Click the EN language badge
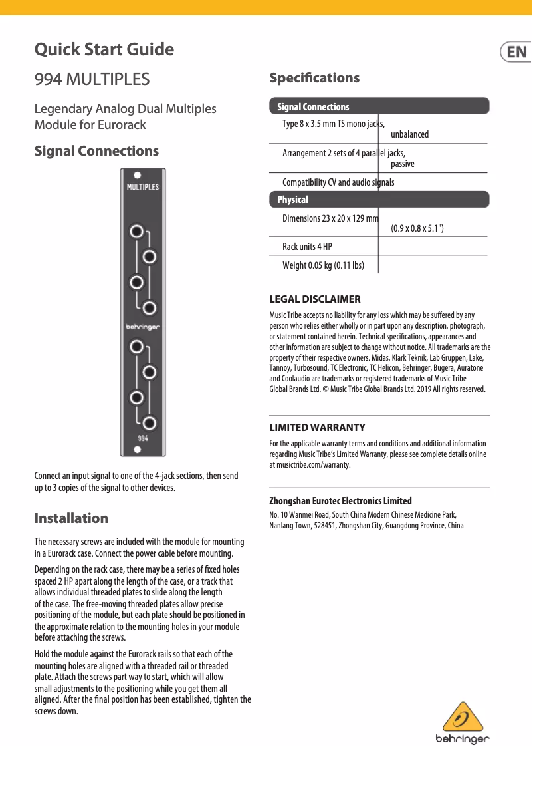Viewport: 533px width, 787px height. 516,52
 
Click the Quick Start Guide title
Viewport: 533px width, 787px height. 104,49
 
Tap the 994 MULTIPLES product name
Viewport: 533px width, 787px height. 92,79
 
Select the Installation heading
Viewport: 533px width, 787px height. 71,518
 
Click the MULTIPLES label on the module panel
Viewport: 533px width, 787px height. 143,187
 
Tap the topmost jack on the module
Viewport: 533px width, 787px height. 137,232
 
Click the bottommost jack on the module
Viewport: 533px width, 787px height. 150,423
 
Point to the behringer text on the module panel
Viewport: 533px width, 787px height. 143,327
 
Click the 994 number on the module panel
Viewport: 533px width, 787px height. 143,438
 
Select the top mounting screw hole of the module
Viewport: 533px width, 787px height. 137,175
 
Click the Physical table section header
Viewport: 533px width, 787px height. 292,200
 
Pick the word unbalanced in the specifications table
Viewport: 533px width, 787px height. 409,134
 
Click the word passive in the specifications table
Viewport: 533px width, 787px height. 403,164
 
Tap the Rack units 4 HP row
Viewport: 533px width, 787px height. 307,247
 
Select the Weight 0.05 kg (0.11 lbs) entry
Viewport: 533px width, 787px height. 323,265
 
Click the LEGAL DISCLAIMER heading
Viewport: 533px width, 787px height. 314,299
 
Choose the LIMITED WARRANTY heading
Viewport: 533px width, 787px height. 317,427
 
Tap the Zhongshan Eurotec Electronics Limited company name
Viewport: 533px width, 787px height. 340,501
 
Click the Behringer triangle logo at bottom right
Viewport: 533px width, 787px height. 463,718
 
